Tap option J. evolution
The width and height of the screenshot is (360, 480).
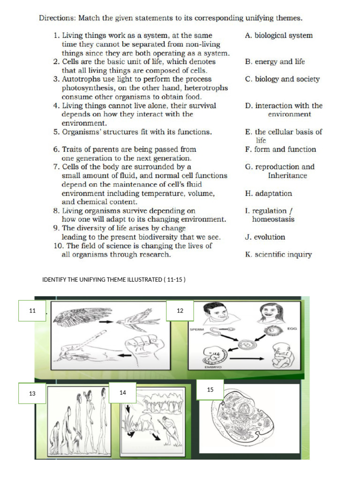tap(265, 237)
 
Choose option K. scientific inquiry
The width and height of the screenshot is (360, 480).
tap(278, 255)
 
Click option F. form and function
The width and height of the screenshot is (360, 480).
tap(280, 150)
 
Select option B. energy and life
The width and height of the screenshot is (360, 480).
tap(275, 61)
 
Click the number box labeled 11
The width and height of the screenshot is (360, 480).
tap(32, 311)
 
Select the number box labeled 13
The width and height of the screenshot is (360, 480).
tap(32, 393)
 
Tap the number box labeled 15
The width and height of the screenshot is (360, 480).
tap(210, 390)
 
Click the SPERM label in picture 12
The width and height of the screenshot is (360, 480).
tap(196, 330)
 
